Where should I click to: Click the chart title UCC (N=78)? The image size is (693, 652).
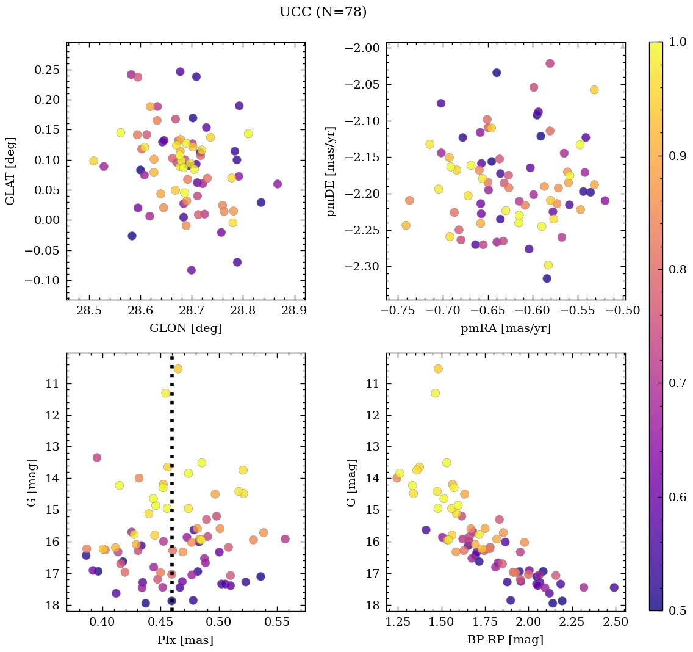pyautogui.click(x=323, y=12)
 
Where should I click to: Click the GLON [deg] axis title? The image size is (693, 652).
pyautogui.click(x=185, y=328)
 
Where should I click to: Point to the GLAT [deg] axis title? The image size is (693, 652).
pyautogui.click(x=10, y=171)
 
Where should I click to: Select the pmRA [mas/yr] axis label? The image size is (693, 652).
pyautogui.click(x=506, y=328)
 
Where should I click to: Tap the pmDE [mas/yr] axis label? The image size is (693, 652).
pyautogui.click(x=331, y=171)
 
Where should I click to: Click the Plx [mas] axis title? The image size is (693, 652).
pyautogui.click(x=185, y=640)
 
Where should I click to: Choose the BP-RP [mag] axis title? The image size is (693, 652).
pyautogui.click(x=506, y=640)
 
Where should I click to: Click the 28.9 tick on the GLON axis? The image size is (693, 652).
pyautogui.click(x=295, y=311)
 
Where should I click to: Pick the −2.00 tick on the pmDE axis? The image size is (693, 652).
pyautogui.click(x=364, y=48)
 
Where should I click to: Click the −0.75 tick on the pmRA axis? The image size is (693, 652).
pyautogui.click(x=398, y=311)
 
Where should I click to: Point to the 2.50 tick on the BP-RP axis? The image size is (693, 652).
pyautogui.click(x=615, y=623)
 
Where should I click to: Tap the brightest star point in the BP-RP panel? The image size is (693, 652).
pyautogui.click(x=438, y=369)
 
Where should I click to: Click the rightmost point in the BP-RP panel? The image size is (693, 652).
pyautogui.click(x=614, y=587)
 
